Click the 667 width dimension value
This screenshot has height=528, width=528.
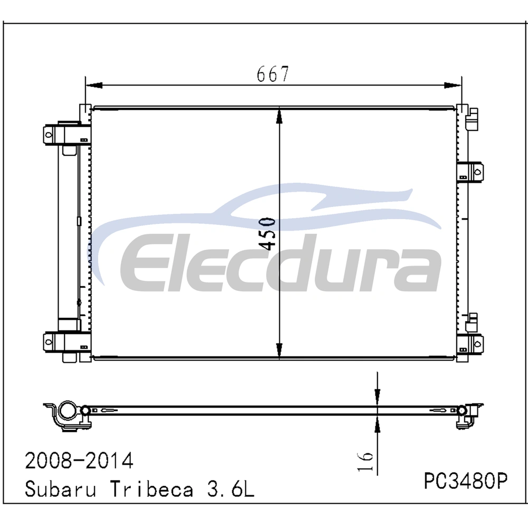point(273,74)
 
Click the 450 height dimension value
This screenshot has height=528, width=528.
point(268,234)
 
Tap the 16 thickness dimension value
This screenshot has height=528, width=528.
point(365,461)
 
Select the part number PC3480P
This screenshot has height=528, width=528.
point(465,480)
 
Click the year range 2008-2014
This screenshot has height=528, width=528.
point(79,461)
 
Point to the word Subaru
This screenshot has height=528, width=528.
point(60,488)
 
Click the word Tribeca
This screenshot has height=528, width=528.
point(152,488)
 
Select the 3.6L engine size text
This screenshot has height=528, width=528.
point(231,488)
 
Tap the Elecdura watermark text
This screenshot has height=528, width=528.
point(280,262)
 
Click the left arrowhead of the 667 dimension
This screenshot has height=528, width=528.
point(94,86)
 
